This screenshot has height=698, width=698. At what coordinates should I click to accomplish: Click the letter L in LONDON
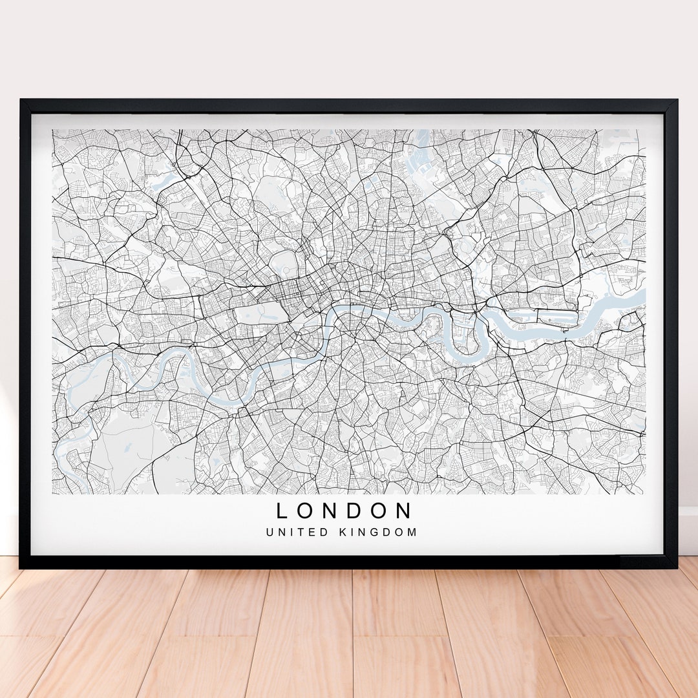(282, 511)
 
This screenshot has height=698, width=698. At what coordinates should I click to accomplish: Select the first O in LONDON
(305, 511)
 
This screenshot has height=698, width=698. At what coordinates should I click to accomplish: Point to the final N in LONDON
(404, 511)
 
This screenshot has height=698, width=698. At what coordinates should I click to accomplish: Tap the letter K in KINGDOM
(342, 533)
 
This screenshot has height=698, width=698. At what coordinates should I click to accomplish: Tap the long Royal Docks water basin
(543, 316)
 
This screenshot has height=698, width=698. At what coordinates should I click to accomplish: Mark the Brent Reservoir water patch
(167, 173)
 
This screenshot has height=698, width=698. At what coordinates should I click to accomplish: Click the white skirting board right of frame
(688, 530)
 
